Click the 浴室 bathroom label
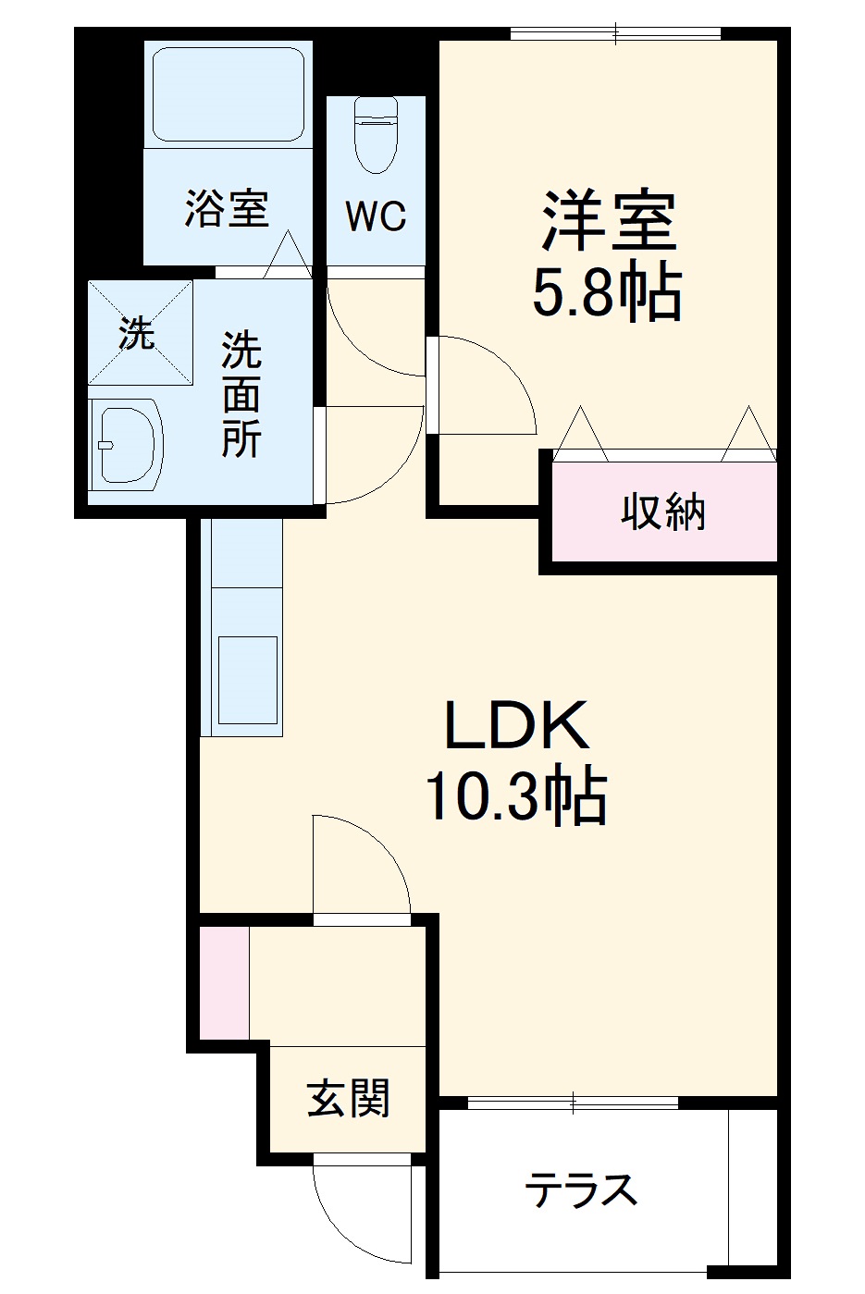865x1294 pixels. click(227, 208)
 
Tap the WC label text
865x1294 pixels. click(376, 216)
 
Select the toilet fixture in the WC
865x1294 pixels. click(376, 134)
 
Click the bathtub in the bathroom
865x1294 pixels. click(229, 92)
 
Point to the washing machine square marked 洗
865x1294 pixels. click(140, 333)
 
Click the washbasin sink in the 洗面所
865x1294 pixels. click(128, 443)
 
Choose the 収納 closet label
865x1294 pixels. click(663, 511)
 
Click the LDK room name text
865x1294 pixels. click(516, 726)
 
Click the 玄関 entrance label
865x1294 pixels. click(349, 1098)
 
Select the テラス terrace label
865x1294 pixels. click(581, 1189)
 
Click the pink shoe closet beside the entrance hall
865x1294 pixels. click(224, 980)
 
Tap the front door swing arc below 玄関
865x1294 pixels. click(356, 1202)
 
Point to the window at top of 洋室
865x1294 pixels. click(615, 34)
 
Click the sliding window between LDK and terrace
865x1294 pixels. click(574, 1102)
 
